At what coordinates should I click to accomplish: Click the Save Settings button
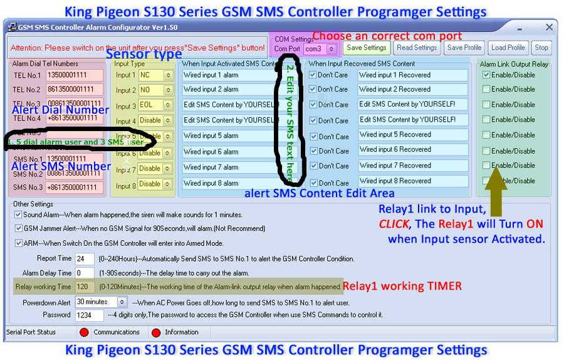pyautogui.click(x=367, y=48)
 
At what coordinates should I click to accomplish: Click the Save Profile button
pyautogui.click(x=464, y=48)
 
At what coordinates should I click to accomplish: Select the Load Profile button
pyautogui.click(x=508, y=48)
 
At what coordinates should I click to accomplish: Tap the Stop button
pyautogui.click(x=541, y=48)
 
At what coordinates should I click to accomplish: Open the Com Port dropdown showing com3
pyautogui.click(x=320, y=48)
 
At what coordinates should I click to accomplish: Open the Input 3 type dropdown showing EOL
pyautogui.click(x=155, y=105)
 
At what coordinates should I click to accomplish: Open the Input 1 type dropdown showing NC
pyautogui.click(x=155, y=75)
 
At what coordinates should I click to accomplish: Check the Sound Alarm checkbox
pyautogui.click(x=18, y=214)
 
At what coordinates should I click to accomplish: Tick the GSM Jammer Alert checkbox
pyautogui.click(x=18, y=229)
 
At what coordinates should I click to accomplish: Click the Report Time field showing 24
pyautogui.click(x=84, y=258)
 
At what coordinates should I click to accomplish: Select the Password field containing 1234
pyautogui.click(x=88, y=315)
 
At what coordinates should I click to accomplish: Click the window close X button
pyautogui.click(x=549, y=27)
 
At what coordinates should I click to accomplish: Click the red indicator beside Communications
pyautogui.click(x=84, y=332)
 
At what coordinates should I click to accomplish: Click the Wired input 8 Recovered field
pyautogui.click(x=412, y=181)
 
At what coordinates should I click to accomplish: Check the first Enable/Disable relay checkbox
pyautogui.click(x=486, y=75)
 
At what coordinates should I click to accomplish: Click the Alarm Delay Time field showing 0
pyautogui.click(x=84, y=273)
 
